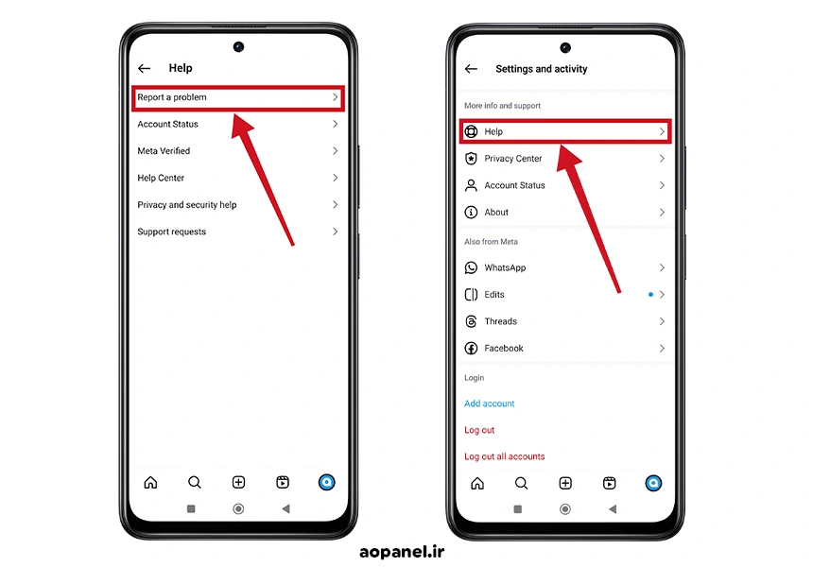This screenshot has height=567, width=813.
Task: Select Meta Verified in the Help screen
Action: (164, 151)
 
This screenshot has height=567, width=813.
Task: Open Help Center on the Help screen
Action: (161, 178)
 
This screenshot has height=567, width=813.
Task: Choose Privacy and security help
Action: (186, 205)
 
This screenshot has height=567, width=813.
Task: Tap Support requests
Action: (172, 232)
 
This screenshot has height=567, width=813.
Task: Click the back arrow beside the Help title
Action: (144, 68)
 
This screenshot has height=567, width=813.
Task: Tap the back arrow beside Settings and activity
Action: (471, 69)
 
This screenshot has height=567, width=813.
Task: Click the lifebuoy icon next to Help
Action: (471, 131)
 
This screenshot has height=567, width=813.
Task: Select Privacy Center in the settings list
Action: (512, 159)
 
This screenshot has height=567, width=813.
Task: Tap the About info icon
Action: (471, 212)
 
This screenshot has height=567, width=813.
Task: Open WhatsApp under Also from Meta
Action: (505, 267)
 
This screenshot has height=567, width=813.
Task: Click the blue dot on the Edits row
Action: (650, 295)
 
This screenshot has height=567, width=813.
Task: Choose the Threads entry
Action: (500, 321)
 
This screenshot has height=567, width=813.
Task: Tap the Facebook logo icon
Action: (471, 349)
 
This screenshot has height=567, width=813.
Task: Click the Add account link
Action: (490, 404)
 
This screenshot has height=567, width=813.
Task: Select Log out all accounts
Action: (505, 456)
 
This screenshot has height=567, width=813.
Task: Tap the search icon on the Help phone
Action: (195, 483)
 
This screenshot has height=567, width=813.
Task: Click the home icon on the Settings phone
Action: (477, 484)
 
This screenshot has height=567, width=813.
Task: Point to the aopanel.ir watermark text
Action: (402, 552)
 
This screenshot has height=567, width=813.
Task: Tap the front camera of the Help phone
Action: (238, 46)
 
